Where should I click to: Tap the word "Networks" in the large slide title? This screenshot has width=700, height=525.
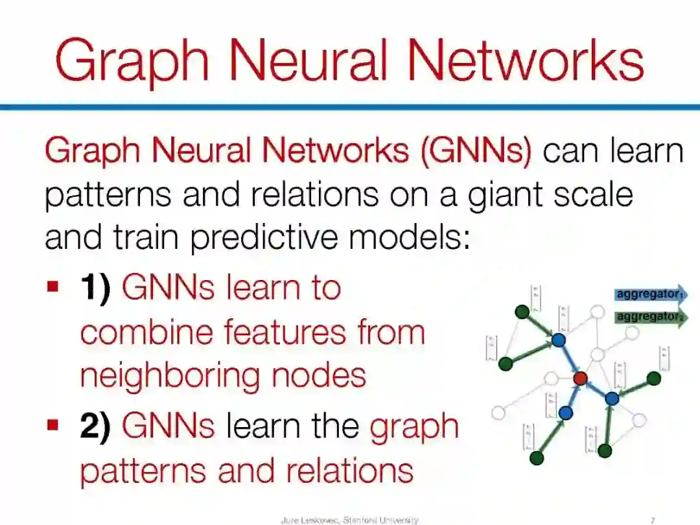click(x=524, y=60)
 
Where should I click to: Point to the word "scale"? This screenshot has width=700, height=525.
click(x=591, y=194)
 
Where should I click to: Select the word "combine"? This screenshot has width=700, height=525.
click(x=146, y=332)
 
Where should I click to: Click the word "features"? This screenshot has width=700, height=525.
click(x=285, y=332)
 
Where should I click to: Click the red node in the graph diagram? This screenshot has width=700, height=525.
click(x=580, y=377)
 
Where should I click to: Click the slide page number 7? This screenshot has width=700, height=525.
click(x=652, y=520)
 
